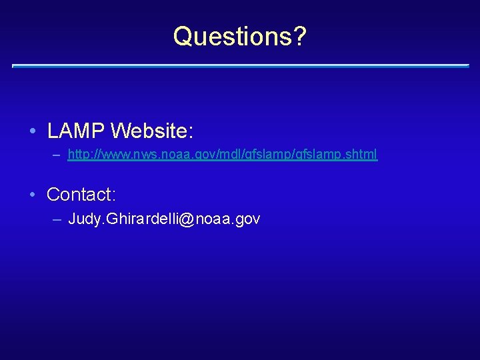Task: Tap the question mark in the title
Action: [300, 36]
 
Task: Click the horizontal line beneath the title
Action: [240, 66]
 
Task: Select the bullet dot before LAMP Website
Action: [33, 131]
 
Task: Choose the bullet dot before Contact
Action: [33, 195]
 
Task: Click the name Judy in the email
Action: [83, 219]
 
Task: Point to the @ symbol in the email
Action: [186, 219]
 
